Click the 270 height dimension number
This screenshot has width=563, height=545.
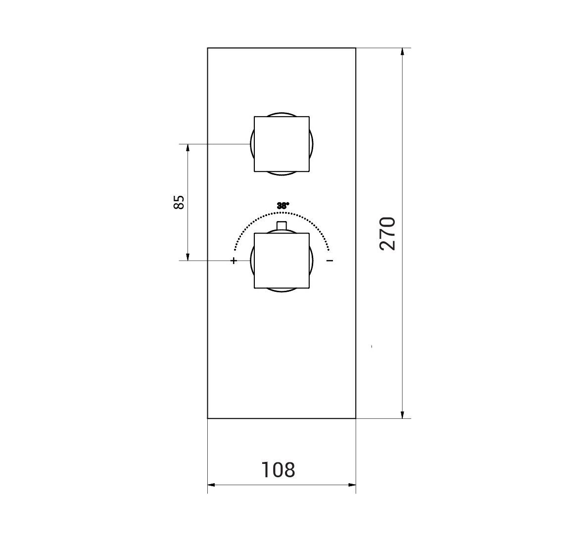[x=387, y=233]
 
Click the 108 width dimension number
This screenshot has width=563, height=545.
[x=278, y=470]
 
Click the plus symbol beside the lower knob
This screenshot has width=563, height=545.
[x=234, y=260]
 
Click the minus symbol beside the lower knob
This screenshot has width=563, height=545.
[x=330, y=260]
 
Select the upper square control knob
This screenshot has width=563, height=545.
[x=281, y=144]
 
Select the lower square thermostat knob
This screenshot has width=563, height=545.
[x=281, y=261]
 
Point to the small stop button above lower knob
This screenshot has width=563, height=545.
[x=281, y=226]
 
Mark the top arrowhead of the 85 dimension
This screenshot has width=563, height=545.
[x=188, y=147]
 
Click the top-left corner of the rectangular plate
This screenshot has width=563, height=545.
[x=208, y=48]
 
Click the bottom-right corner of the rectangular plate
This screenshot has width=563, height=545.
[x=355, y=418]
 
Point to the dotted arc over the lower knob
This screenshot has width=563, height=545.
[x=257, y=218]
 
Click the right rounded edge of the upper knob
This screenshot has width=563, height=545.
[x=312, y=144]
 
